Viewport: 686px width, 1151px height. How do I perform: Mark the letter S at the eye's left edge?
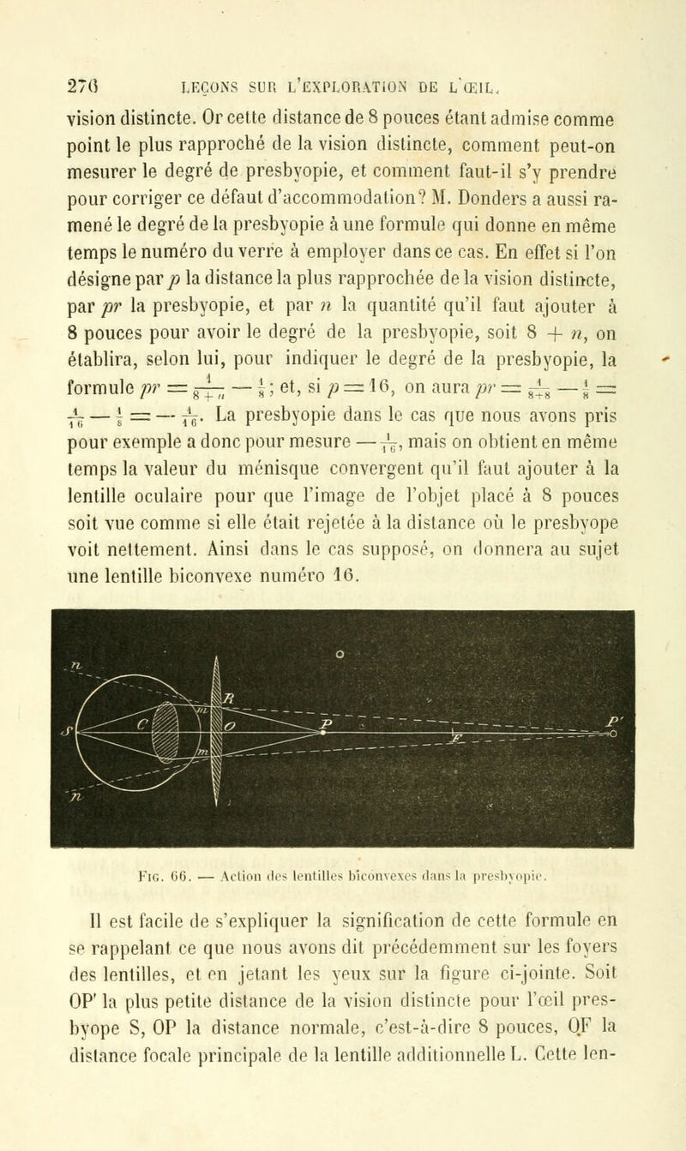coord(39,685)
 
